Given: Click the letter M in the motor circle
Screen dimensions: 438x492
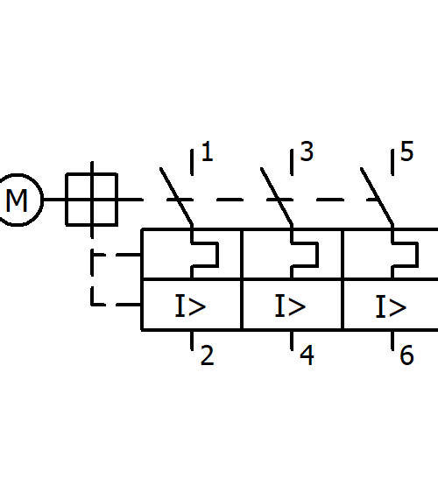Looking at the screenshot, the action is (x=17, y=200).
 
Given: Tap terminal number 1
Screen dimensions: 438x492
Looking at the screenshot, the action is (x=208, y=151).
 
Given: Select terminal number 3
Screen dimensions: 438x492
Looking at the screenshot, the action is (x=307, y=151).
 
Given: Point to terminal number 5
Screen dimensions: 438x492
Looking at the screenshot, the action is (x=407, y=151).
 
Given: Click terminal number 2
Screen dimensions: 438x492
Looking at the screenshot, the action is (x=208, y=355).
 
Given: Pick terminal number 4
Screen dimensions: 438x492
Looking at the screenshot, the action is (x=307, y=355).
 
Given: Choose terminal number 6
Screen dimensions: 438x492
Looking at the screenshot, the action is (x=407, y=355).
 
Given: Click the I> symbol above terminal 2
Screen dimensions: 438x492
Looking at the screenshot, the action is (x=190, y=306).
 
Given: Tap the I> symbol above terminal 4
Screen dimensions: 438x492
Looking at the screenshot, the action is (x=290, y=306).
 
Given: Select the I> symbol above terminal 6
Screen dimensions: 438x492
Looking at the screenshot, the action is (x=391, y=306).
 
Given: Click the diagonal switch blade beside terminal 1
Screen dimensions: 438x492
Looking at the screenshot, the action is (x=176, y=196).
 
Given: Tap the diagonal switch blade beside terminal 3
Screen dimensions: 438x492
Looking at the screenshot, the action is (x=277, y=196).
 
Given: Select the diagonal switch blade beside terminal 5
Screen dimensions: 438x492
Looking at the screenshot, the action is (x=377, y=196).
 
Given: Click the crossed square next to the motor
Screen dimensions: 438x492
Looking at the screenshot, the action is (x=92, y=200).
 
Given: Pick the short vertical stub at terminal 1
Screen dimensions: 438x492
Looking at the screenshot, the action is (x=192, y=162).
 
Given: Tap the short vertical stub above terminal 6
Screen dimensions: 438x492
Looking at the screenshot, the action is (x=392, y=341).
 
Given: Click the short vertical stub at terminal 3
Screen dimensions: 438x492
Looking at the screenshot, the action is (x=292, y=162).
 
